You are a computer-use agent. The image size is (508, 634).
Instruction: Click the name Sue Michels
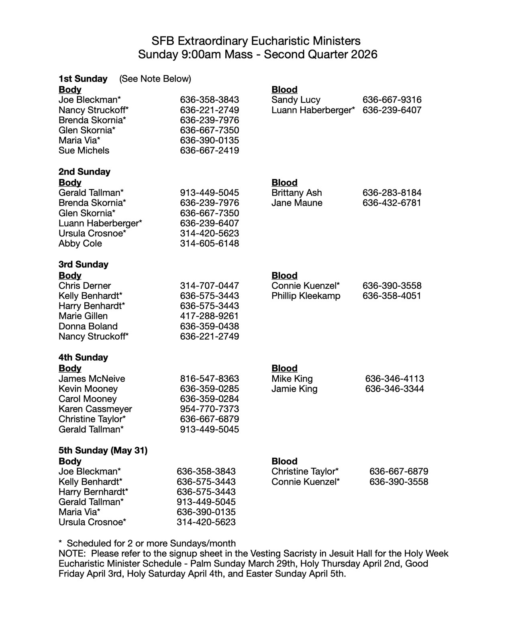(84, 151)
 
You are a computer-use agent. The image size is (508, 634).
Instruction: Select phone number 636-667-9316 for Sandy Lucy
(392, 100)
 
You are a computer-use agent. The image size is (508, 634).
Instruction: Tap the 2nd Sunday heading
(84, 172)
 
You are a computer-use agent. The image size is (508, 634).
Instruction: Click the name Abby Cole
(80, 244)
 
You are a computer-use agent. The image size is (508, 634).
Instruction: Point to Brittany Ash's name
(297, 193)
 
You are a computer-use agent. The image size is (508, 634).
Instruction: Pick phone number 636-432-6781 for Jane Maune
(392, 203)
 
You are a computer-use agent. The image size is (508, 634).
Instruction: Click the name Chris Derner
(85, 286)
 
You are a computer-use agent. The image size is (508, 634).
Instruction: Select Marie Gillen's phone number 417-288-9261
(209, 316)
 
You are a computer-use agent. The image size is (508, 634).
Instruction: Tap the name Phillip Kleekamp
(306, 296)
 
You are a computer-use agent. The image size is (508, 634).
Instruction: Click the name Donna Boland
(88, 326)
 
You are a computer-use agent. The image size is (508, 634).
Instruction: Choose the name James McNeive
(92, 379)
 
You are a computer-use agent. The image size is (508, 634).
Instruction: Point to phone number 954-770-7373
(209, 409)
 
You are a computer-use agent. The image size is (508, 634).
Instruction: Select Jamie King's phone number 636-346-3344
(394, 389)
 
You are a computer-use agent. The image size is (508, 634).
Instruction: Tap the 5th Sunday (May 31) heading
(103, 451)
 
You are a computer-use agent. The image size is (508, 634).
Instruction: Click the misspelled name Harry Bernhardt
(94, 492)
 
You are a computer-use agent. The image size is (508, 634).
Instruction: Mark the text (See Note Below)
(155, 79)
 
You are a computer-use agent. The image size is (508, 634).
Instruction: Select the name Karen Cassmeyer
(95, 409)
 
